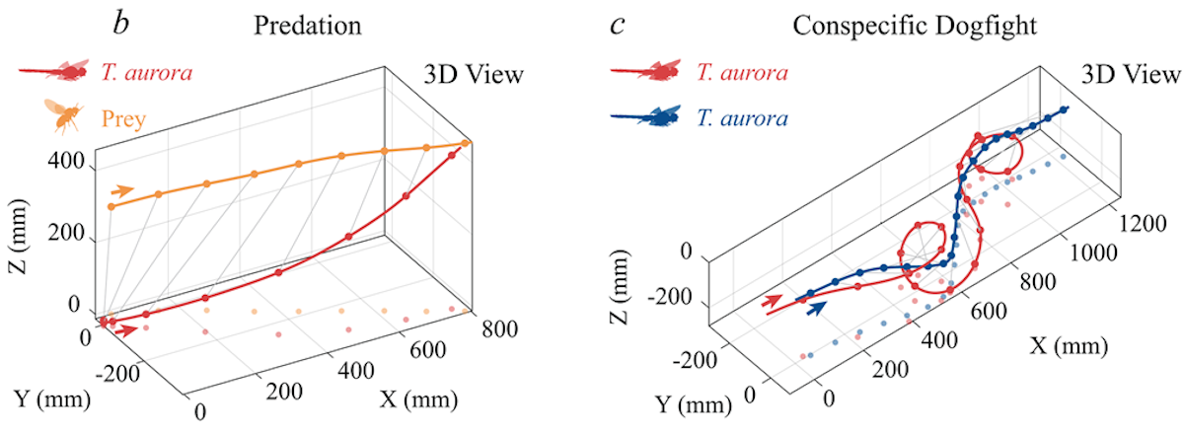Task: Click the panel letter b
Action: pyautogui.click(x=121, y=24)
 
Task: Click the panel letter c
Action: pyautogui.click(x=618, y=26)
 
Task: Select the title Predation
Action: pyautogui.click(x=308, y=26)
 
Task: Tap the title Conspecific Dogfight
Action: pyautogui.click(x=915, y=26)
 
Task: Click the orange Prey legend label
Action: pyautogui.click(x=123, y=118)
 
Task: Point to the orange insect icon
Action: pyautogui.click(x=64, y=116)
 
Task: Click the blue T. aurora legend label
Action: pyautogui.click(x=742, y=118)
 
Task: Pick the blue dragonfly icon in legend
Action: pyautogui.click(x=646, y=116)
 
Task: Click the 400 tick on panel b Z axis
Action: pyautogui.click(x=65, y=161)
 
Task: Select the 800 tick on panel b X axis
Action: pyautogui.click(x=500, y=328)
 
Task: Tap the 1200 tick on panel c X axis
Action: pyautogui.click(x=1143, y=224)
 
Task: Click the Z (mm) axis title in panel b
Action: pyautogui.click(x=18, y=237)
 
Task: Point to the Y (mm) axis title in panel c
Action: pyautogui.click(x=694, y=405)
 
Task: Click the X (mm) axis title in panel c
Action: pyautogui.click(x=1069, y=346)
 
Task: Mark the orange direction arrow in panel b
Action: pyautogui.click(x=122, y=190)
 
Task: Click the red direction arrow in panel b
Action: pyautogui.click(x=127, y=330)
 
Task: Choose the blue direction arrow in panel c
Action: pyautogui.click(x=817, y=308)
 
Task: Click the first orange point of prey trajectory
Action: pyautogui.click(x=111, y=207)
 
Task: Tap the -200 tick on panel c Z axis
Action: pyautogui.click(x=670, y=298)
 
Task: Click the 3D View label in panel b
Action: pyautogui.click(x=474, y=75)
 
